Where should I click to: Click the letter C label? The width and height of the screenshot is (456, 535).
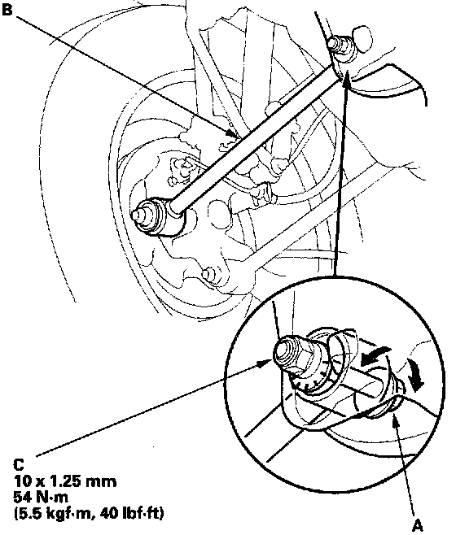[19, 464]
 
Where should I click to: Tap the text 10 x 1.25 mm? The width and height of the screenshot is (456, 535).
[65, 481]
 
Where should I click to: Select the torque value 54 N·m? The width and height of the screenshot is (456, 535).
[41, 497]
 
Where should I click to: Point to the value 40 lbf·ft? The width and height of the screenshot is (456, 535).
[132, 513]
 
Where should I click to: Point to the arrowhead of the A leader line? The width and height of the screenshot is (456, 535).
[395, 419]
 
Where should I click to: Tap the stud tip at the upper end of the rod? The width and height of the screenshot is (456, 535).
[334, 43]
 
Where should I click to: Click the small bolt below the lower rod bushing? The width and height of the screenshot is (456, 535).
[207, 274]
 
